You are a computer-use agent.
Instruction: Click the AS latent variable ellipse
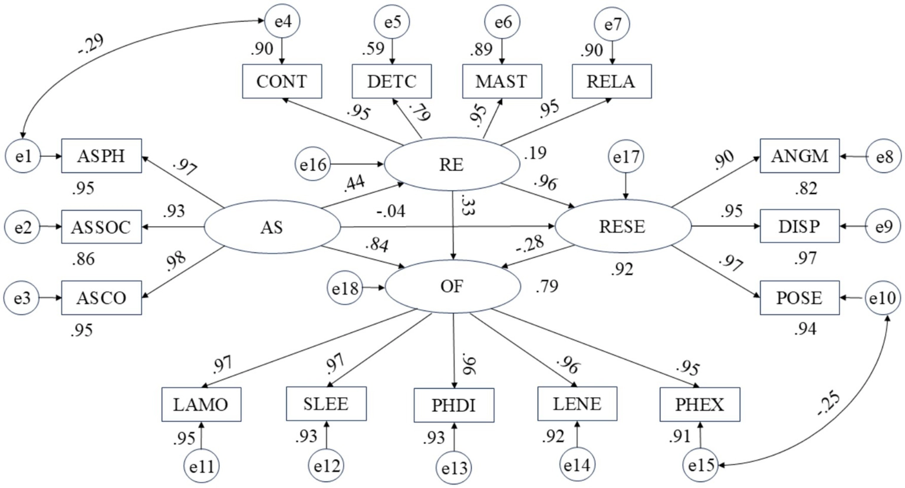coord(272,227)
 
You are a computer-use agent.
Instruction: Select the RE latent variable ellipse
coord(451,165)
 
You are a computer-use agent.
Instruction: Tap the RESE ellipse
coord(622,227)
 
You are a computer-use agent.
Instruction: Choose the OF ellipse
coord(452,287)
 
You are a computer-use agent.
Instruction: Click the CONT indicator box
coord(282,81)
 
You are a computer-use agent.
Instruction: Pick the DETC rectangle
coord(391,81)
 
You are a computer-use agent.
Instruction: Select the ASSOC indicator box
coord(101,227)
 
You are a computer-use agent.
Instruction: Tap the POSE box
coord(799,297)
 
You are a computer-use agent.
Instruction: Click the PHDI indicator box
coord(453,405)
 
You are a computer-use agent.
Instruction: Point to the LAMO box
coord(201,405)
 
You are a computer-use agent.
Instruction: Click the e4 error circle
coord(282,22)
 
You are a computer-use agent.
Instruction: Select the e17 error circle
coord(626,157)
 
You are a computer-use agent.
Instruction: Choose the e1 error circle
coord(22,156)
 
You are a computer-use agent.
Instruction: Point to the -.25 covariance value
coord(830,404)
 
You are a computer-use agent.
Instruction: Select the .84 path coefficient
coord(377,244)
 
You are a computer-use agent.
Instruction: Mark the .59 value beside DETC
coord(373,48)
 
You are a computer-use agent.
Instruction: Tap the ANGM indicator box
coord(799,156)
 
